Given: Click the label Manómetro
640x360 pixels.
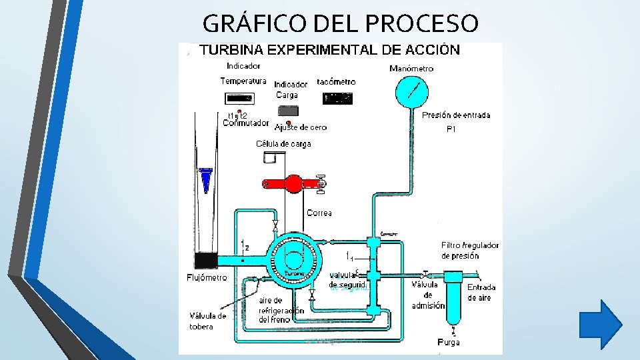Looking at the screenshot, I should point(411,68).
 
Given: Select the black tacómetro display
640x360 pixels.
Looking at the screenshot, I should point(337,98).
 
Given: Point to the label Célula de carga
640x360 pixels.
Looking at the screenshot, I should point(283,144).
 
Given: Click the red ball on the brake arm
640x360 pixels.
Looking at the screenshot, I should point(293,183).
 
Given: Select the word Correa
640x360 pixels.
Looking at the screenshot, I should point(319,213).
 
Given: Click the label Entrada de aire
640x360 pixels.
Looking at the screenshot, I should point(481,292).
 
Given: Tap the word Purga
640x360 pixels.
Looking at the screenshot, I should point(448,343).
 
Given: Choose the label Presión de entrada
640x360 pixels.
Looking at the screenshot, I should point(456,115).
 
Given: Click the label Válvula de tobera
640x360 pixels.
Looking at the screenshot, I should point(207,321).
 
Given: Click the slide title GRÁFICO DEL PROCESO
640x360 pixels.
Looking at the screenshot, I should point(340,24).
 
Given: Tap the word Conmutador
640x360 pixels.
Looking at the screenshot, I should point(245,123).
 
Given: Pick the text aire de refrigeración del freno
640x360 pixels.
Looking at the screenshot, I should point(281,310).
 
